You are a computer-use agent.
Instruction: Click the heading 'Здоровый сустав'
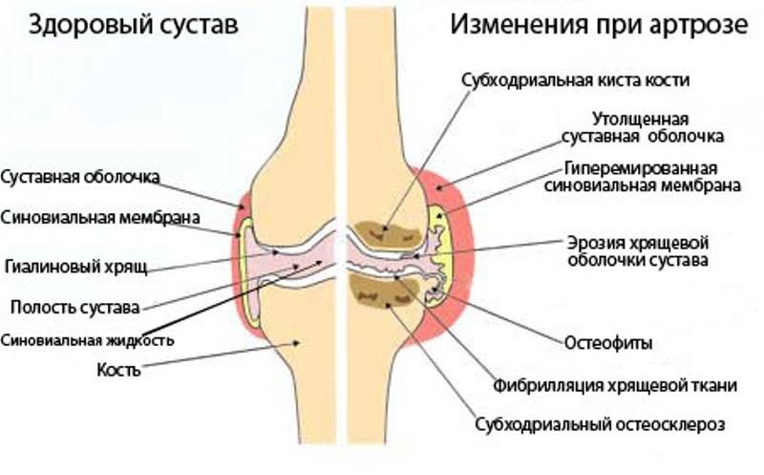(x=133, y=25)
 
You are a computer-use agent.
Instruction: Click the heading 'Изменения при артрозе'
(x=599, y=24)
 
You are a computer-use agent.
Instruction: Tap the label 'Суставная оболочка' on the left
(x=80, y=177)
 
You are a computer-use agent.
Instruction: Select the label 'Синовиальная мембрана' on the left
(x=100, y=218)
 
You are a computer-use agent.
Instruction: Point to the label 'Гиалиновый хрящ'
(x=76, y=267)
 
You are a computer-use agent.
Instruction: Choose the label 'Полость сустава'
(x=75, y=307)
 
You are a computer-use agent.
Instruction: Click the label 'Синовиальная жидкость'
(x=87, y=340)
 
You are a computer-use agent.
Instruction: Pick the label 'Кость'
(x=118, y=370)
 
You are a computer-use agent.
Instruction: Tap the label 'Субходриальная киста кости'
(x=576, y=80)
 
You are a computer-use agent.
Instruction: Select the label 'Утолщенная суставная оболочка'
(x=642, y=127)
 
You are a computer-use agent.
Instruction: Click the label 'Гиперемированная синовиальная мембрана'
(x=642, y=177)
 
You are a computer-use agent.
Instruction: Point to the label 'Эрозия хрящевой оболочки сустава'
(x=638, y=250)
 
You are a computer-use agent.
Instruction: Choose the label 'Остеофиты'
(x=608, y=343)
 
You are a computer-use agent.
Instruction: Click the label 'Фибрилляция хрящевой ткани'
(x=615, y=386)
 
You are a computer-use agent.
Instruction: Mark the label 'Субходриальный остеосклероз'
(x=600, y=424)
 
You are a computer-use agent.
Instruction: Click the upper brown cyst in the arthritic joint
(x=388, y=234)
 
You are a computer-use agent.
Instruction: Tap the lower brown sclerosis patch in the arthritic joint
(x=385, y=291)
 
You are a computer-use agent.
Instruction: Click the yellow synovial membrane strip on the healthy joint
(x=248, y=273)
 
